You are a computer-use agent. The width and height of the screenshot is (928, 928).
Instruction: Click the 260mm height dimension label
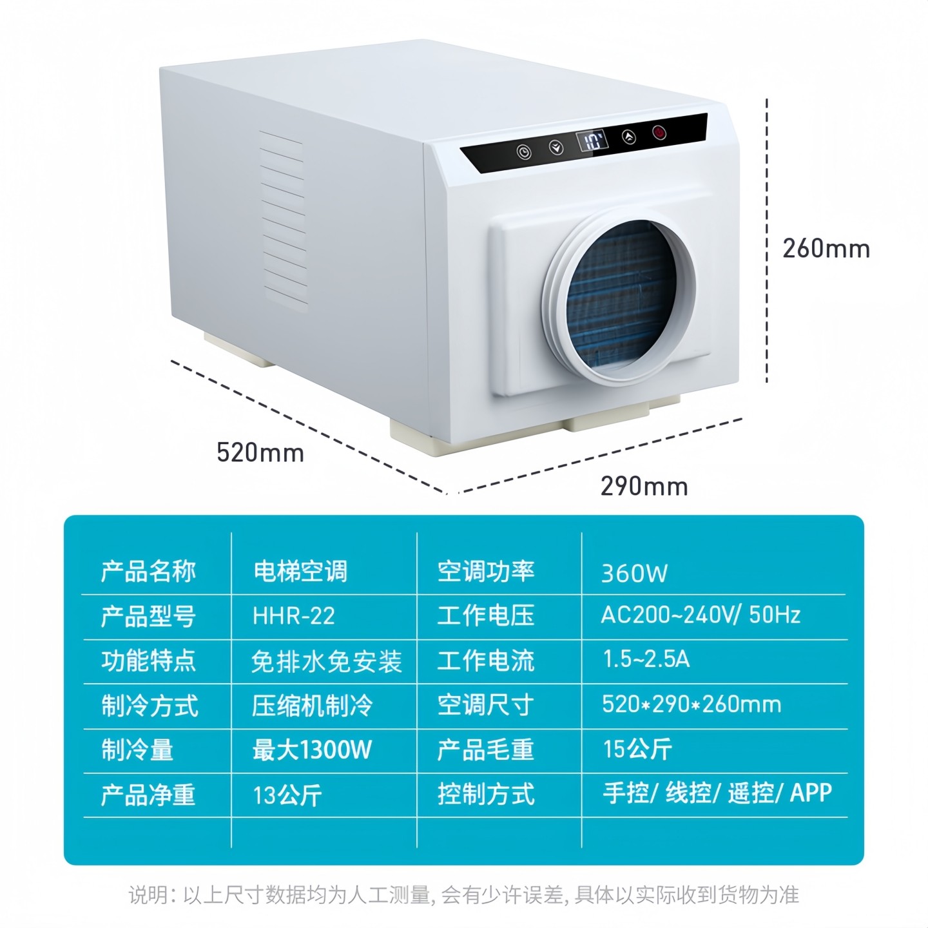[826, 248]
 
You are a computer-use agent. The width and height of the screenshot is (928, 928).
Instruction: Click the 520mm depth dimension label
[260, 452]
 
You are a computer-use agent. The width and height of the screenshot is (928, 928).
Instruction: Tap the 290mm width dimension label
[644, 486]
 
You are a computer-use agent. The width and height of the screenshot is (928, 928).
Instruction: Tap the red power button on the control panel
[659, 133]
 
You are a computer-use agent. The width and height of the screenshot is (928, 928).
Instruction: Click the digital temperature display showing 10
[592, 140]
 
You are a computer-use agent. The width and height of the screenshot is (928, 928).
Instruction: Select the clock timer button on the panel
[524, 153]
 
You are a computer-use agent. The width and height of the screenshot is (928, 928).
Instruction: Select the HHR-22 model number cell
[294, 616]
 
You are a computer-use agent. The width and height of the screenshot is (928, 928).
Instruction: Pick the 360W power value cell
[634, 573]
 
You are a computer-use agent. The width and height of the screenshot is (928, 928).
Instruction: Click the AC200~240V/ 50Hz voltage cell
[701, 615]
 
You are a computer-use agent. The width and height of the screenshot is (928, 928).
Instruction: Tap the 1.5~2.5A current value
[646, 659]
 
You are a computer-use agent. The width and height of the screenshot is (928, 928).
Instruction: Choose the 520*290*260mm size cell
[691, 704]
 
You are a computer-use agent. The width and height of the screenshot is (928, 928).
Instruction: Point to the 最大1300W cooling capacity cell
[312, 749]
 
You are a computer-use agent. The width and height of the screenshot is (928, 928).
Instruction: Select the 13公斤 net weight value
[287, 795]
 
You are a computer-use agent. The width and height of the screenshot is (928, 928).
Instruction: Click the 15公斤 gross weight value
[637, 749]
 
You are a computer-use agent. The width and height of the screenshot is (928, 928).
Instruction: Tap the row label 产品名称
[148, 572]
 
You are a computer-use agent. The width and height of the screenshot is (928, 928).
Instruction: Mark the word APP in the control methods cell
[811, 793]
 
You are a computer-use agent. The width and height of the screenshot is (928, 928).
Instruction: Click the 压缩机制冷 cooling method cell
[312, 706]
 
